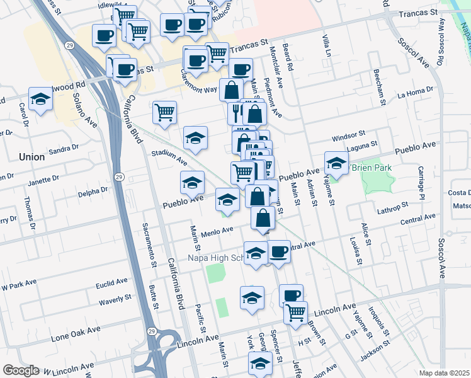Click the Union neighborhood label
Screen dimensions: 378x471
click(31, 156)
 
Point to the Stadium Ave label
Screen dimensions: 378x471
click(169, 156)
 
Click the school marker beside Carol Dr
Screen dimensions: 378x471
click(40, 100)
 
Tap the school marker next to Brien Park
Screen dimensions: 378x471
click(336, 163)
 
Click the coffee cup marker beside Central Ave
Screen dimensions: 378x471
click(279, 251)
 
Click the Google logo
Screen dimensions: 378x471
click(21, 370)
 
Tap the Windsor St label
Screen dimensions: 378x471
click(350, 135)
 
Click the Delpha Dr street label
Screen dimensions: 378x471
click(94, 191)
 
